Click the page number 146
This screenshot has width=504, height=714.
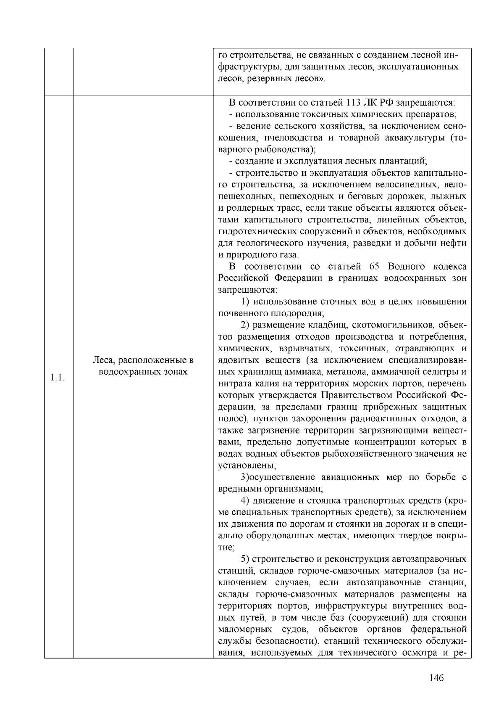437,677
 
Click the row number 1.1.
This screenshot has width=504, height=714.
56,377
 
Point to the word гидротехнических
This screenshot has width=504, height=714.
257,232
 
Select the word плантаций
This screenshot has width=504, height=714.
402,161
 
